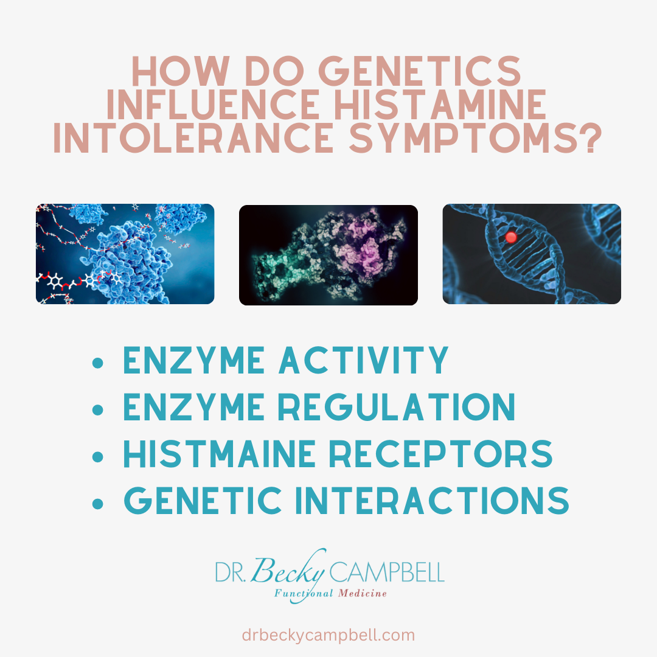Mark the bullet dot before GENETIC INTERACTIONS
click(x=97, y=502)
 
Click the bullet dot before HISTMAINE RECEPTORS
click(x=97, y=456)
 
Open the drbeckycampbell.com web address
click(x=328, y=636)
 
